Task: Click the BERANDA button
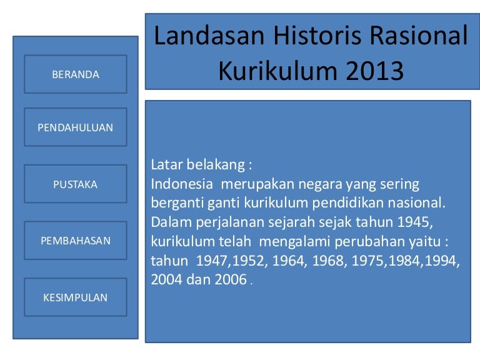coord(76,74)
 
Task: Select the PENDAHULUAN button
coord(76,127)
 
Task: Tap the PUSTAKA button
coord(76,184)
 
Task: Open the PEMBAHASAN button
coord(76,241)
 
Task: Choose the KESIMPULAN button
coord(76,297)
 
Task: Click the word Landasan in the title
coord(209,36)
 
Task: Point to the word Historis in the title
coord(317,36)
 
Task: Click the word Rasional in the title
coord(419,36)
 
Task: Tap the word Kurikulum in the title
coord(277,71)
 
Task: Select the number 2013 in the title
coord(375,71)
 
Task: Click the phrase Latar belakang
coord(197,165)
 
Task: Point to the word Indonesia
coord(182,184)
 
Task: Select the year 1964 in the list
coord(288,261)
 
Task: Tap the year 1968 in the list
coord(328,261)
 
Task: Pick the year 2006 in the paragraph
coord(231,279)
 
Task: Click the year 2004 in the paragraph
coord(166,279)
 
